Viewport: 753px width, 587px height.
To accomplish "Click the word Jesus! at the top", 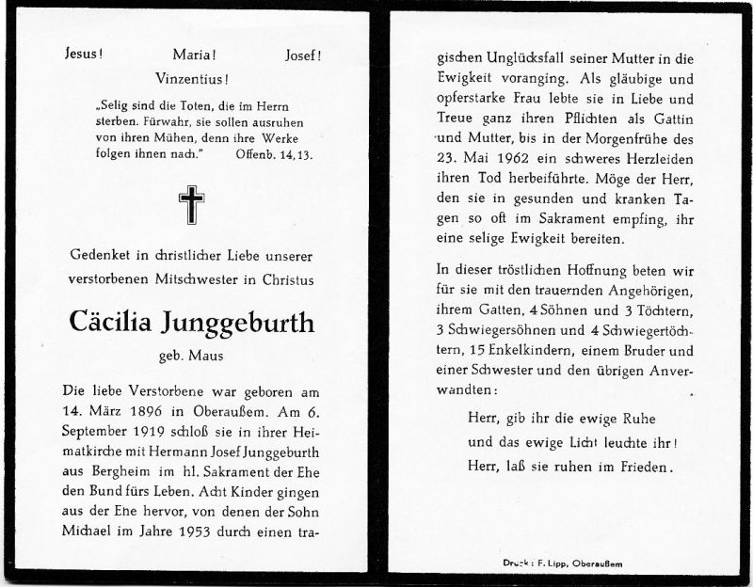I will coord(84,55).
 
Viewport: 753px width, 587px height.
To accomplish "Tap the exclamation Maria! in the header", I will coord(195,55).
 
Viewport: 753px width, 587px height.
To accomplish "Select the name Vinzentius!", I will coord(195,80).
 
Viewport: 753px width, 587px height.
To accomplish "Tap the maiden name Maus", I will coord(209,357).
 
